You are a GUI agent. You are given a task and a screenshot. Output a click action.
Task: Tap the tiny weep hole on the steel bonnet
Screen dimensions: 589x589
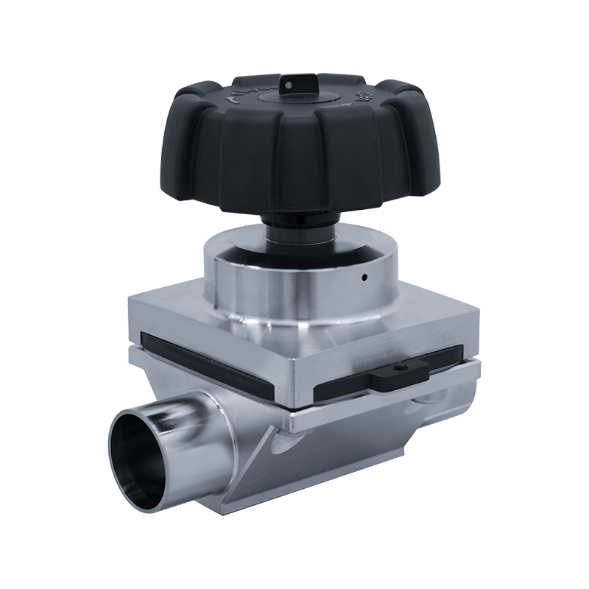coord(365,278)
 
